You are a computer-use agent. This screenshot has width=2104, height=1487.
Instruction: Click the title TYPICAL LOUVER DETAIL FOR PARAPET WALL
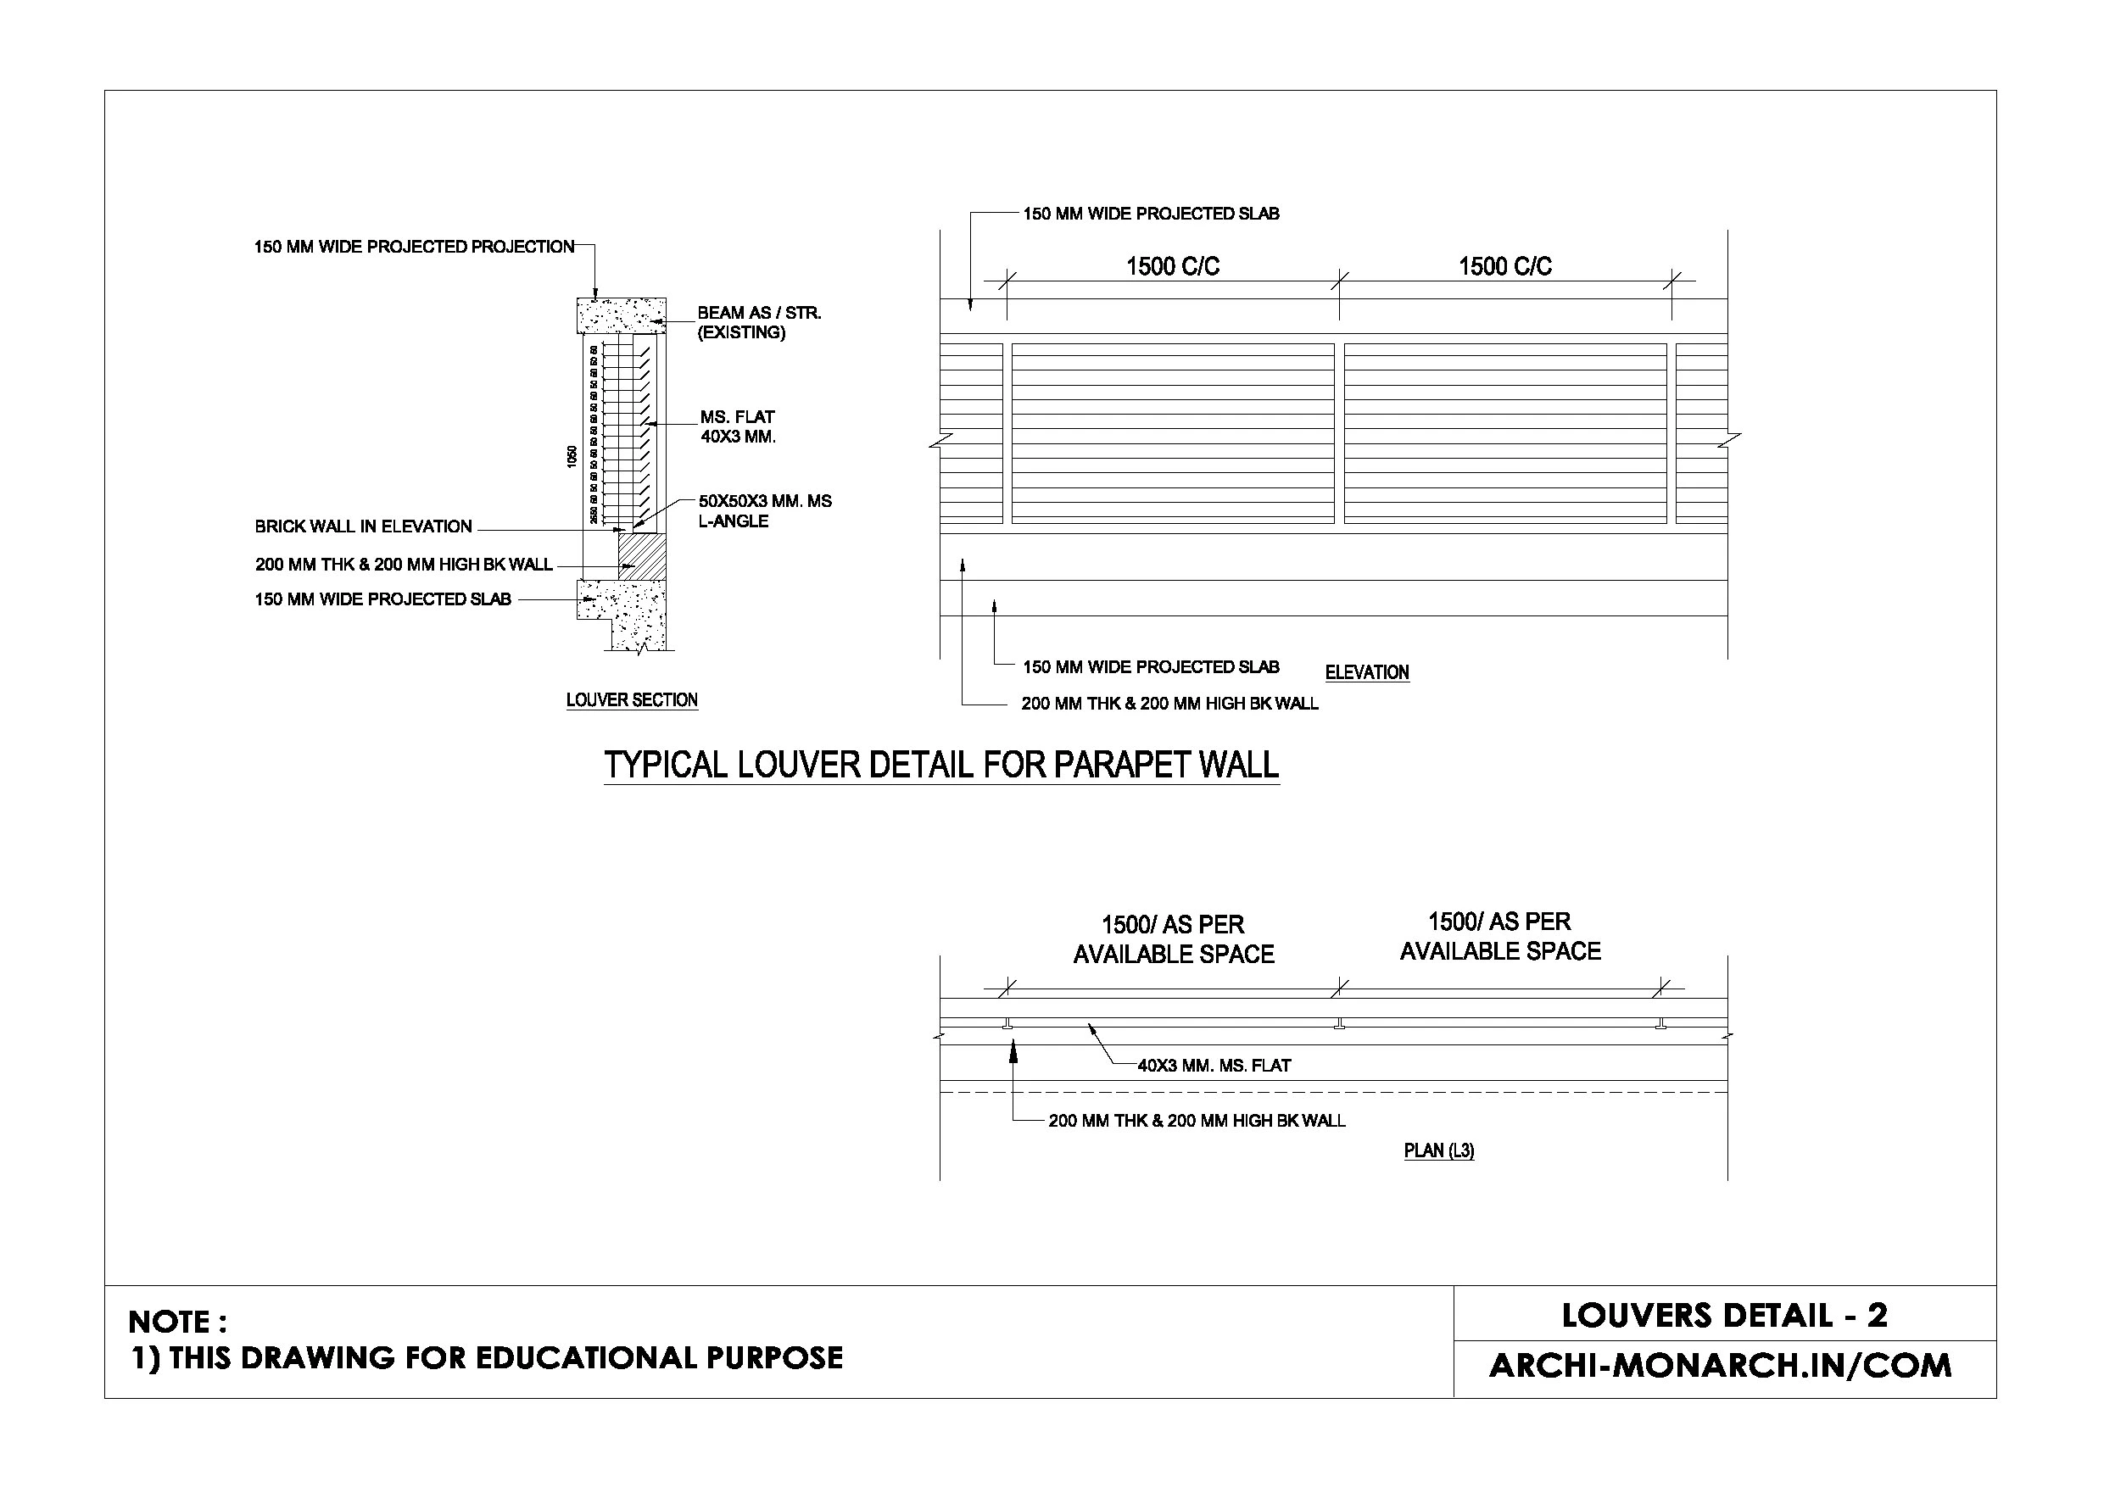(x=941, y=765)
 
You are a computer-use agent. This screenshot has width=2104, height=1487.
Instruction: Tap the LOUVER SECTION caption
(x=632, y=700)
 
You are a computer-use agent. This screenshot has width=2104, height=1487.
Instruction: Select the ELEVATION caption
(x=1366, y=672)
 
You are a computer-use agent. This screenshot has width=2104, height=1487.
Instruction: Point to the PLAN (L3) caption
(x=1439, y=1150)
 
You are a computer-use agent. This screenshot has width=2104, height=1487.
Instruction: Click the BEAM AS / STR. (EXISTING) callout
(x=759, y=322)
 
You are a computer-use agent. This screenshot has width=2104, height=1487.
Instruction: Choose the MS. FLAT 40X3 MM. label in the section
(x=738, y=427)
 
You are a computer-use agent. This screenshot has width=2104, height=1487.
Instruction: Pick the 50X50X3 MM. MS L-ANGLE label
(x=765, y=511)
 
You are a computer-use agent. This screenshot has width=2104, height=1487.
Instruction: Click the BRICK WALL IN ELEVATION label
(x=363, y=526)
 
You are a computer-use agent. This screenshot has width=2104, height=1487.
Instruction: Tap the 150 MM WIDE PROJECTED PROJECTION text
(x=414, y=247)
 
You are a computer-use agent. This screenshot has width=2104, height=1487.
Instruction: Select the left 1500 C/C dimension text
(x=1173, y=266)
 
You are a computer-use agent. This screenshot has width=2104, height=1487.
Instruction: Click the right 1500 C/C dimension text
(x=1504, y=266)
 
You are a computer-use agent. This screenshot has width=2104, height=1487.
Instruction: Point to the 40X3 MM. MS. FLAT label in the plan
(x=1214, y=1066)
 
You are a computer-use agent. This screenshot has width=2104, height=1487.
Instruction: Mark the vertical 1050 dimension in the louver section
(x=572, y=456)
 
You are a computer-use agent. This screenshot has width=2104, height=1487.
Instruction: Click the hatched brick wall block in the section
(x=641, y=556)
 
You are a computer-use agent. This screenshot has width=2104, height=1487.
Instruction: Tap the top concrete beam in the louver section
(x=621, y=316)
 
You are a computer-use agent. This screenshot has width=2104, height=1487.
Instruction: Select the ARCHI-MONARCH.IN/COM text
(x=1720, y=1366)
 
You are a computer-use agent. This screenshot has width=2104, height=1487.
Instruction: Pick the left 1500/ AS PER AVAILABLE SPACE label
(x=1173, y=940)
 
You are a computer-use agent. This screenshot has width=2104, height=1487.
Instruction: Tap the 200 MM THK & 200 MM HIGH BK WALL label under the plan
(x=1197, y=1121)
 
